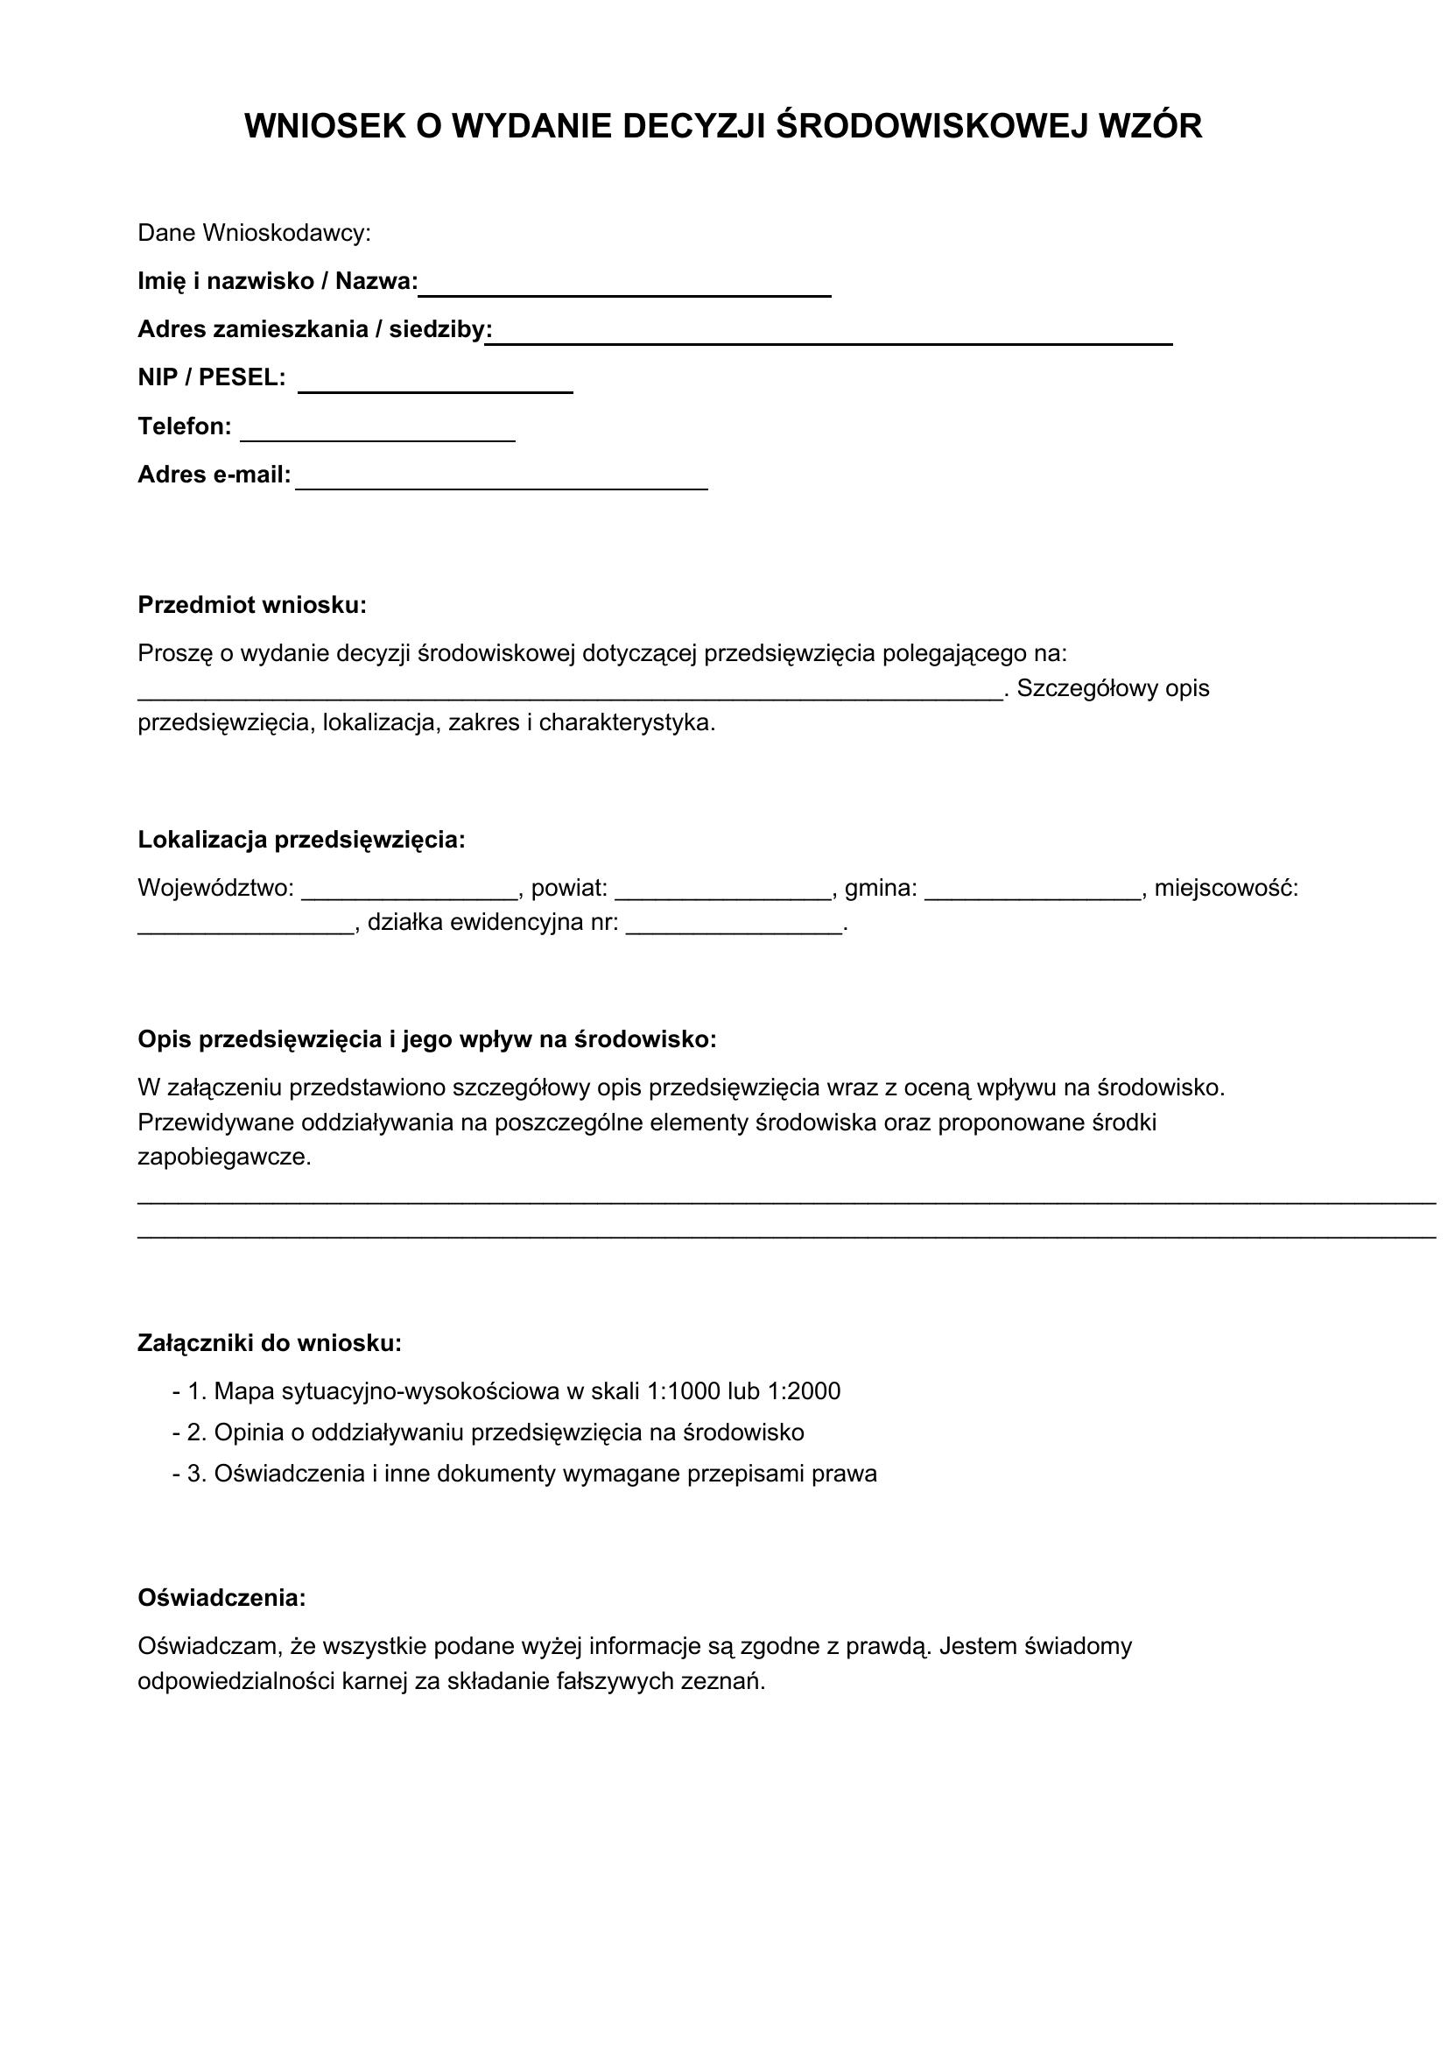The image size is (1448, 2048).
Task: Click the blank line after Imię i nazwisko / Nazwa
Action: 625,287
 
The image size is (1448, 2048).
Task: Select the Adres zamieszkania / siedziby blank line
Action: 829,336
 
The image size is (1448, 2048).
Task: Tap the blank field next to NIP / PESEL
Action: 435,384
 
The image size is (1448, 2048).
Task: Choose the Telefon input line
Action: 378,433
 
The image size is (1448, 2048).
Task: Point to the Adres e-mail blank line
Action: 501,482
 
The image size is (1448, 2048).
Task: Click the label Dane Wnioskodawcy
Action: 254,234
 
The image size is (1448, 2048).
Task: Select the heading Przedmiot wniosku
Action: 252,606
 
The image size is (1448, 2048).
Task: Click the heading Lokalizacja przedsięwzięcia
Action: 301,841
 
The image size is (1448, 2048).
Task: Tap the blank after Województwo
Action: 410,892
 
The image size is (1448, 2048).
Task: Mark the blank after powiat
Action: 723,892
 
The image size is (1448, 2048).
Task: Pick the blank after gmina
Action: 1033,892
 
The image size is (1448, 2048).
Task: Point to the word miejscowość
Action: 1226,889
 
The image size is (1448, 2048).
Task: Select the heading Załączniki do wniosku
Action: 270,1343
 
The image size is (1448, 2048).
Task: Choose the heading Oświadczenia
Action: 222,1598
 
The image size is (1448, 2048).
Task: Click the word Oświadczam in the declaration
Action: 210,1646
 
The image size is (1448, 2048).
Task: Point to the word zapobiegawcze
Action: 225,1158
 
